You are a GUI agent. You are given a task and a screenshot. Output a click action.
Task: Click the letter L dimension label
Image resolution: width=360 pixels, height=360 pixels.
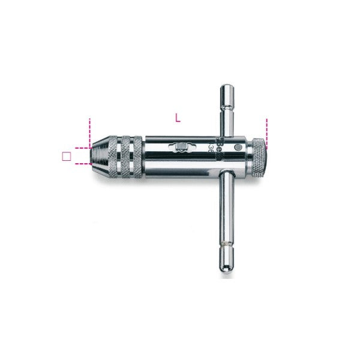point(177,118)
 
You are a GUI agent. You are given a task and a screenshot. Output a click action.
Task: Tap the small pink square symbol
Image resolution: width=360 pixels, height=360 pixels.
point(67,156)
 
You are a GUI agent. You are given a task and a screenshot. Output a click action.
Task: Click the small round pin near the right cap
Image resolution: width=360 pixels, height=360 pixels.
point(239,147)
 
